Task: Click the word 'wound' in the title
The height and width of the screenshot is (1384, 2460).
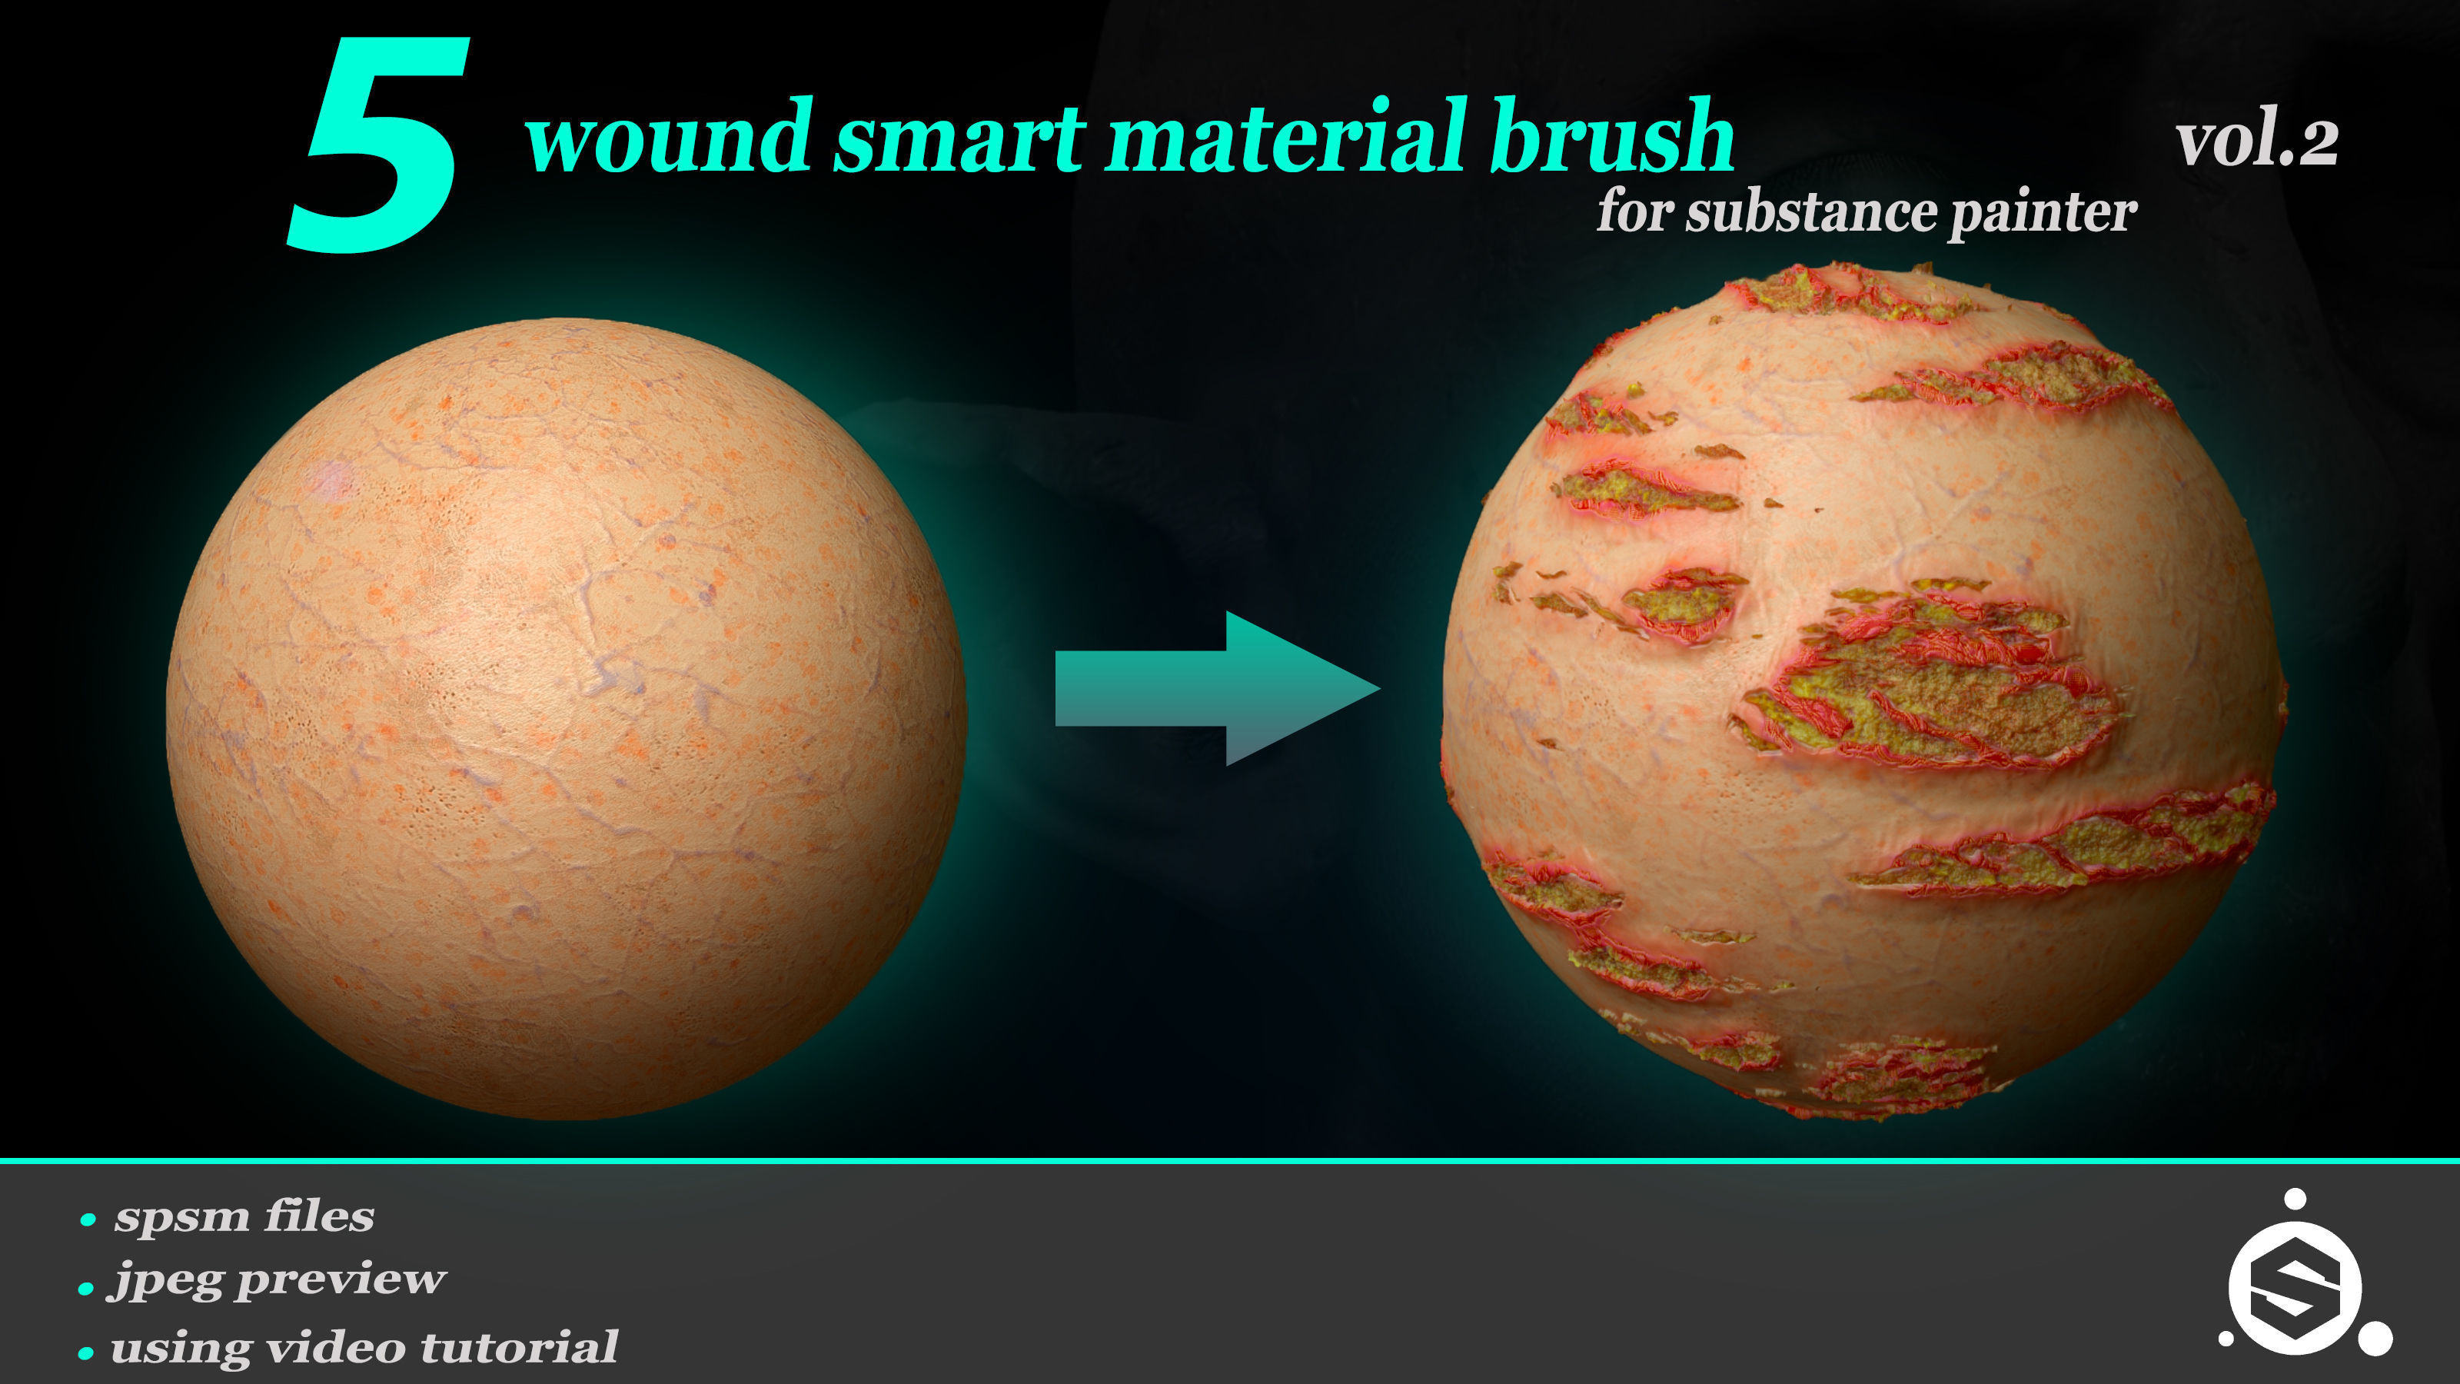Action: click(x=669, y=138)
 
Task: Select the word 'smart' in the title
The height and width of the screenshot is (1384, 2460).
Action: click(x=959, y=138)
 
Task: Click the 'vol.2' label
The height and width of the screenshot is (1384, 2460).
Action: click(x=2256, y=143)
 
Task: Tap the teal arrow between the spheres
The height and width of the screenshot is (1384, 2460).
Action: click(x=1218, y=687)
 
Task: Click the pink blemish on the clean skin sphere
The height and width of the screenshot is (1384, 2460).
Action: click(x=331, y=478)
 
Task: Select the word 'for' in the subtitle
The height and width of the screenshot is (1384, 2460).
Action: click(x=1635, y=212)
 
